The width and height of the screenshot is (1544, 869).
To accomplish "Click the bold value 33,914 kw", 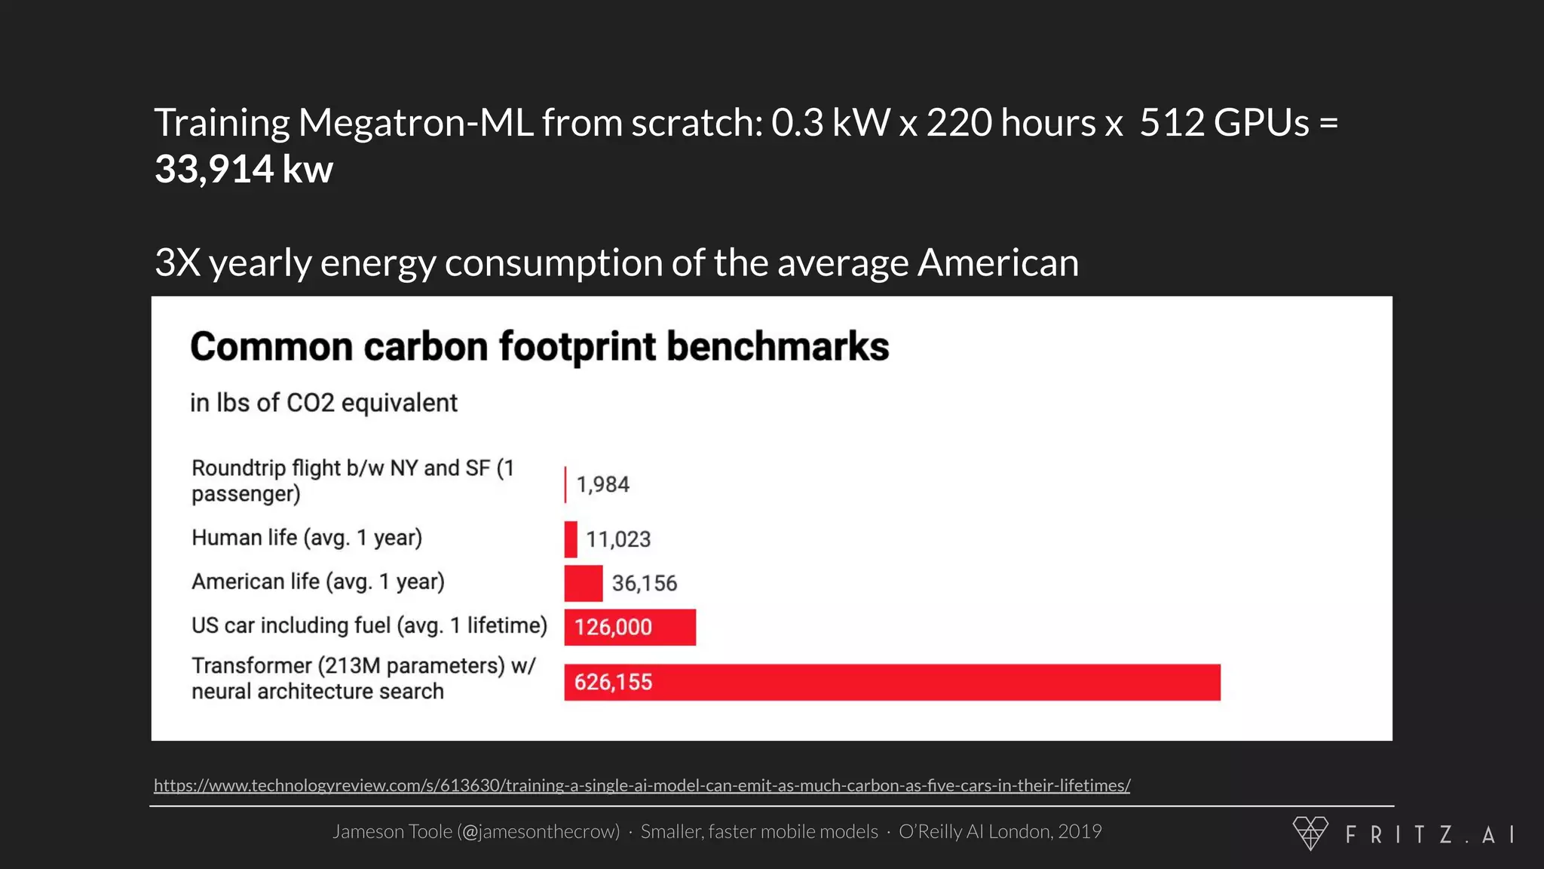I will pyautogui.click(x=244, y=169).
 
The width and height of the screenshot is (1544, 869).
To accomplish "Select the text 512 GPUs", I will pyautogui.click(x=1224, y=123).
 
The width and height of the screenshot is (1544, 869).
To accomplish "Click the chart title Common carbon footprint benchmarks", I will pyautogui.click(x=539, y=347).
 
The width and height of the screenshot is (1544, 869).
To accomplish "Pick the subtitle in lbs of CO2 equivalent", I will pyautogui.click(x=323, y=403).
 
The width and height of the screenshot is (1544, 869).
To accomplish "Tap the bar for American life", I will pyautogui.click(x=583, y=583).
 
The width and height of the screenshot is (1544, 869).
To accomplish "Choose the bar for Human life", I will pyautogui.click(x=571, y=539).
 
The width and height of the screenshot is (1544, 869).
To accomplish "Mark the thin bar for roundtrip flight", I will pyautogui.click(x=565, y=484).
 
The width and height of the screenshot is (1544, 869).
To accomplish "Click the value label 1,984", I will pyautogui.click(x=602, y=484).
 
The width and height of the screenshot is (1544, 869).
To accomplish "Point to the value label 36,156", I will pyautogui.click(x=644, y=583).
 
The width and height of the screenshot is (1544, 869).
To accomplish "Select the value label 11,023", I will pyautogui.click(x=618, y=539).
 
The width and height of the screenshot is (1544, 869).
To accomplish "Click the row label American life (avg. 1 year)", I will pyautogui.click(x=317, y=582).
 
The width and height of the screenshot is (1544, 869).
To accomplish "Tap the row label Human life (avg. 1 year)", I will pyautogui.click(x=306, y=538).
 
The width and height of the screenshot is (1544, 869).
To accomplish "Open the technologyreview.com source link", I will pyautogui.click(x=642, y=785).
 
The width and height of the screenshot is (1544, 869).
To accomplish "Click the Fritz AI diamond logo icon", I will pyautogui.click(x=1310, y=833).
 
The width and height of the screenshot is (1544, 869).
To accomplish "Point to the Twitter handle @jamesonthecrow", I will pyautogui.click(x=538, y=831).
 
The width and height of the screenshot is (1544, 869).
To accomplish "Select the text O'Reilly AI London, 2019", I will pyautogui.click(x=1000, y=831).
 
